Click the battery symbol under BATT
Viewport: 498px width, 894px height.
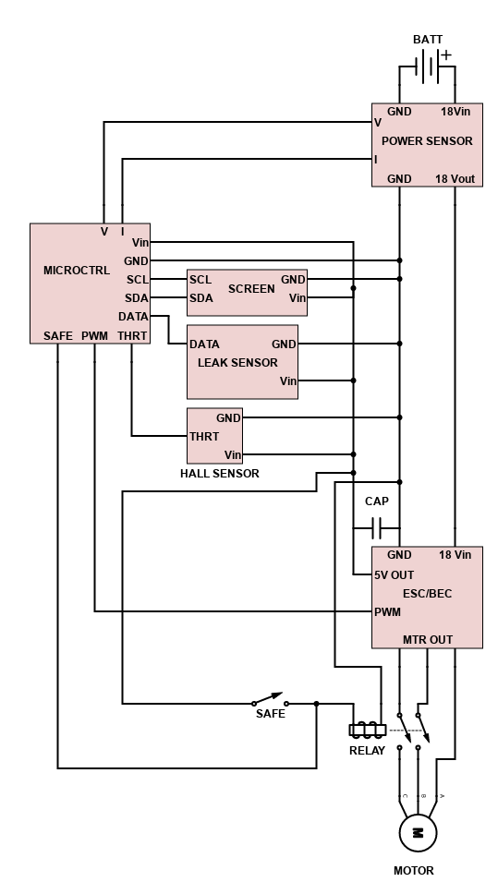coord(427,66)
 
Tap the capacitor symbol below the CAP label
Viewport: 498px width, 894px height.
coord(376,528)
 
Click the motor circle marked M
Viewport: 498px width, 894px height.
coord(418,833)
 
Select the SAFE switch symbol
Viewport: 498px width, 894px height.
coord(270,699)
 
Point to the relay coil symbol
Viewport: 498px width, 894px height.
coord(368,730)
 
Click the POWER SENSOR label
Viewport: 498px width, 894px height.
coord(427,140)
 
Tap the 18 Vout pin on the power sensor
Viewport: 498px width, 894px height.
coord(455,179)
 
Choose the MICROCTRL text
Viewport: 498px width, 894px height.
coord(77,271)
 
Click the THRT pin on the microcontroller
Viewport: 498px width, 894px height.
coord(132,336)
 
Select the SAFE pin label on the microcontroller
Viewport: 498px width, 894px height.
coord(58,336)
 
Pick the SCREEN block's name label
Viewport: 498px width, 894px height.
coord(251,289)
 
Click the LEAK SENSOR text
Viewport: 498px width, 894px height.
coord(237,363)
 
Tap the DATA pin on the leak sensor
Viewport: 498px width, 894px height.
coord(204,344)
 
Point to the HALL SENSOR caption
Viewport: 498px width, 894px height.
coord(220,474)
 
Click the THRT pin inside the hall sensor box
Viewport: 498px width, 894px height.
coord(204,437)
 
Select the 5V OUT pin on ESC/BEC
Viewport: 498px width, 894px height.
coord(395,574)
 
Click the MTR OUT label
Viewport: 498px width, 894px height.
coord(428,640)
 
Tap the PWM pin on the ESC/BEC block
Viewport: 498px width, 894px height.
coord(387,611)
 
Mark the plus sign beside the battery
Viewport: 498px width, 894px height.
coord(446,54)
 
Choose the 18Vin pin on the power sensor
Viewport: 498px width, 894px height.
coord(455,112)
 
